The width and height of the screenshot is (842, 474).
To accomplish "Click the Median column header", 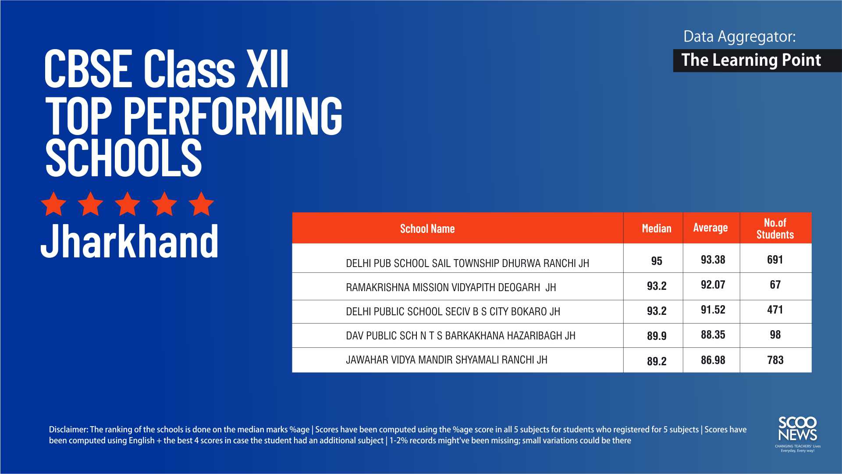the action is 656,228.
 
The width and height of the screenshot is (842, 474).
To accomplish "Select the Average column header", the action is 710,228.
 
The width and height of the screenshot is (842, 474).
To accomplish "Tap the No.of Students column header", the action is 775,228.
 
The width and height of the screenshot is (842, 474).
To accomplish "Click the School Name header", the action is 427,228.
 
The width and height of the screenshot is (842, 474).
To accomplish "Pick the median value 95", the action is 657,261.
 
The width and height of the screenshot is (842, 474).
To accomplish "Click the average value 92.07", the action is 713,285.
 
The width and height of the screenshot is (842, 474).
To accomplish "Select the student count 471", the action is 775,310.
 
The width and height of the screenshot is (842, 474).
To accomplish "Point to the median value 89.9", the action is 657,336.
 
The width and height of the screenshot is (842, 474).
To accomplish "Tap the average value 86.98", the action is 713,360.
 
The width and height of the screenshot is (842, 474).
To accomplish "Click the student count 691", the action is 775,260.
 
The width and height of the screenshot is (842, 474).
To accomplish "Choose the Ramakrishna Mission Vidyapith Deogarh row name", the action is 451,287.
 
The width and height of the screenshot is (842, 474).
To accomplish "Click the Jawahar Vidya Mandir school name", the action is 447,360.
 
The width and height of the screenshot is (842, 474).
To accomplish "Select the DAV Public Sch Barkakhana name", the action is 460,335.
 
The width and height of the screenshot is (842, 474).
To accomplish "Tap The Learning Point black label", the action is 757,60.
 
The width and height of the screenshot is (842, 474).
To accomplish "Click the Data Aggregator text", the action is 739,36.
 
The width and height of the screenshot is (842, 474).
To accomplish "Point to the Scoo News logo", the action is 797,434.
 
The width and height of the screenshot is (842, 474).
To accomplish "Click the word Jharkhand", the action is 129,241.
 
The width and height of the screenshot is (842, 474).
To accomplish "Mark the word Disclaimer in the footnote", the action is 68,429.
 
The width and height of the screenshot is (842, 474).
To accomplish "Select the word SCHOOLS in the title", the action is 124,158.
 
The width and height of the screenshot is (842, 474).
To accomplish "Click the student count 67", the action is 775,285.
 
